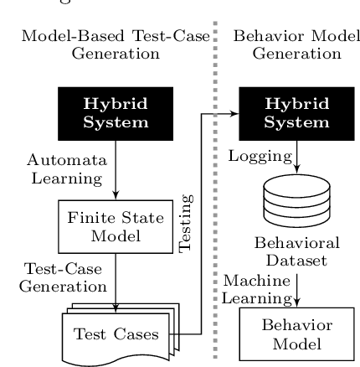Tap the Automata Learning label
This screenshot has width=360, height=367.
pos(67,168)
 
